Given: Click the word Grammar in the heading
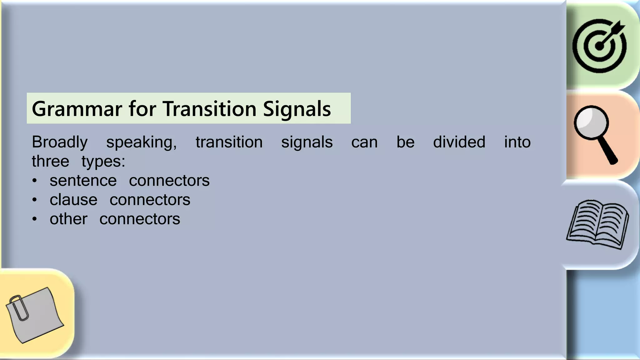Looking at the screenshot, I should [x=77, y=109].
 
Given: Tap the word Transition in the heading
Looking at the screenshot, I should [x=210, y=109].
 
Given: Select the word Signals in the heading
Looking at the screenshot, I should [x=297, y=109].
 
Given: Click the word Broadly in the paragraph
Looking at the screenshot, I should [x=60, y=142].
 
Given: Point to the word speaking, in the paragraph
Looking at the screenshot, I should [x=142, y=142].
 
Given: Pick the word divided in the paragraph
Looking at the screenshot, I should [x=459, y=142].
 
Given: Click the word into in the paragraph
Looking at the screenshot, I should [x=517, y=142].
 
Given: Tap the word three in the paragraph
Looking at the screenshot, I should [x=50, y=162].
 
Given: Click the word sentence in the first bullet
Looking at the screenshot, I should [x=83, y=181].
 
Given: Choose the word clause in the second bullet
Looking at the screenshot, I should [x=73, y=200].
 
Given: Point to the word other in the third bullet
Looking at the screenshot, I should [x=68, y=219].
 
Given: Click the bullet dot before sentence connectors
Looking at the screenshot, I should [x=35, y=181].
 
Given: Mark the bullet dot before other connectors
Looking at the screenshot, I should [x=35, y=219].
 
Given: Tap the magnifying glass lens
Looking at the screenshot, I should [x=591, y=122].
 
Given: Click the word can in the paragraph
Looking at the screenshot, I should [x=364, y=142].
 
